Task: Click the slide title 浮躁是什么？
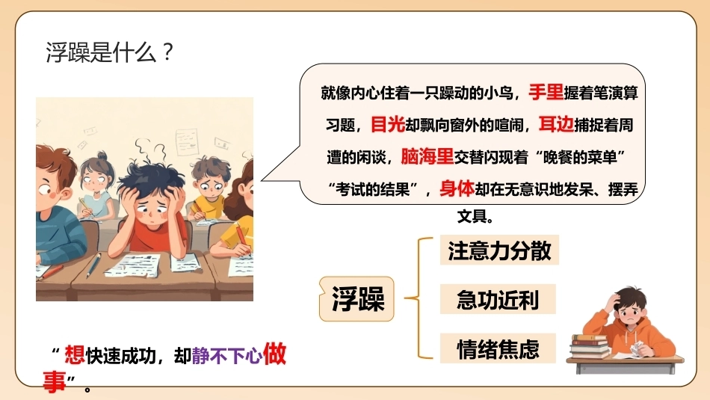pos(110,52)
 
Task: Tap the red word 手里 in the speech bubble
pos(546,93)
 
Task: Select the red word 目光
pos(388,124)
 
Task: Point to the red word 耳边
pos(556,124)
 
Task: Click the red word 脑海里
pos(427,157)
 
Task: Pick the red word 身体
pos(457,188)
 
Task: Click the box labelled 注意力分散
pos(499,250)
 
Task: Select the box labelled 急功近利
pos(498,299)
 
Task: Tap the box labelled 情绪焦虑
pos(498,348)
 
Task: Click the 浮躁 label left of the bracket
pos(357,299)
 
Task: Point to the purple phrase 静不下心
pos(227,356)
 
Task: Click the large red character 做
pos(274,354)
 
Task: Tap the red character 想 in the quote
pos(74,354)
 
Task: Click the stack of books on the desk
pos(589,347)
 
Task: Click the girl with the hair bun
pos(96,185)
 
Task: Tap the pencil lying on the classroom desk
pos(93,265)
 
